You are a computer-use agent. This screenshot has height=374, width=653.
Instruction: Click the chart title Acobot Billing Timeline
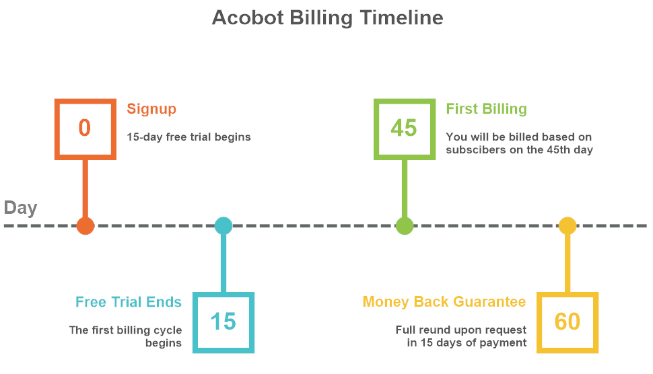pyautogui.click(x=327, y=18)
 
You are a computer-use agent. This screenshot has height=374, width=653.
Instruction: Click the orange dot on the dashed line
pyautogui.click(x=85, y=225)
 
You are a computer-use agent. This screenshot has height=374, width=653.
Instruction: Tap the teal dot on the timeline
pyautogui.click(x=224, y=225)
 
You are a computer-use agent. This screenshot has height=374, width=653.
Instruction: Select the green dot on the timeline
pyautogui.click(x=405, y=225)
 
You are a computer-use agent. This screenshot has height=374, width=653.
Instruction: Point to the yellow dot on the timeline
pyautogui.click(x=568, y=225)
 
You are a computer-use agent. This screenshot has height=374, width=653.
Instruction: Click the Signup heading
pyautogui.click(x=151, y=110)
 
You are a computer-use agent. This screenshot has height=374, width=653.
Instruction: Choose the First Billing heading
pyautogui.click(x=487, y=109)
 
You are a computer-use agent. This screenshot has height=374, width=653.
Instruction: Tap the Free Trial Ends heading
pyautogui.click(x=129, y=302)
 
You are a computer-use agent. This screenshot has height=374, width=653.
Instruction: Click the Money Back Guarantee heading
pyautogui.click(x=444, y=301)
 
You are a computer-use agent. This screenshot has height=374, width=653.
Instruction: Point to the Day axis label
pyautogui.click(x=20, y=208)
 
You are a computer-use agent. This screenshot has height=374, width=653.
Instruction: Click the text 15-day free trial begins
pyautogui.click(x=188, y=137)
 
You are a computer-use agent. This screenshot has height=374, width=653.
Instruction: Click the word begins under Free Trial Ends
pyautogui.click(x=163, y=343)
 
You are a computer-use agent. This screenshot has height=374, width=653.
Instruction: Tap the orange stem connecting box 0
pyautogui.click(x=85, y=188)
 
